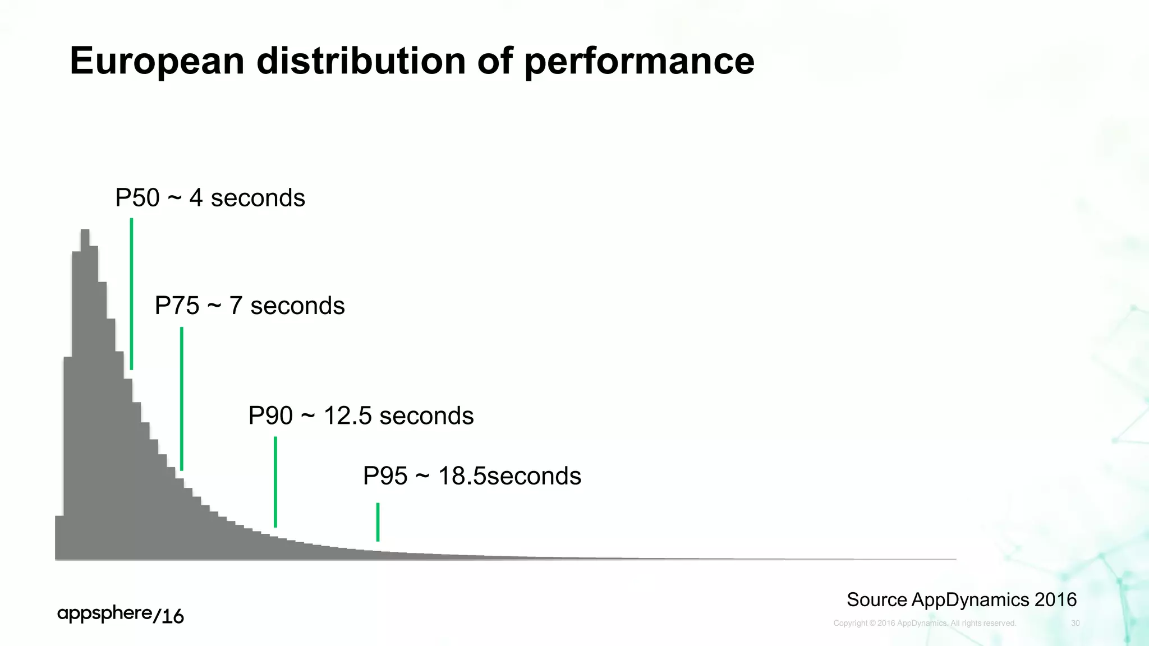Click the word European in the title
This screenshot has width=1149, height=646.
157,61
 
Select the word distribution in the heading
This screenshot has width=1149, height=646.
361,61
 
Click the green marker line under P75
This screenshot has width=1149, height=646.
182,398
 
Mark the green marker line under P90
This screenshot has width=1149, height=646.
275,482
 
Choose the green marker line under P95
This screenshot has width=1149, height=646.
378,522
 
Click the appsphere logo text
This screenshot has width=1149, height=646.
104,613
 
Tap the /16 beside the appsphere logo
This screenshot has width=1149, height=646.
168,616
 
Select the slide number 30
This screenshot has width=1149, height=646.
1075,623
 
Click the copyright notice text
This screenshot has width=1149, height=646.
925,623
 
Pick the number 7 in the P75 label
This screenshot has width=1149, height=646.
236,306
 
